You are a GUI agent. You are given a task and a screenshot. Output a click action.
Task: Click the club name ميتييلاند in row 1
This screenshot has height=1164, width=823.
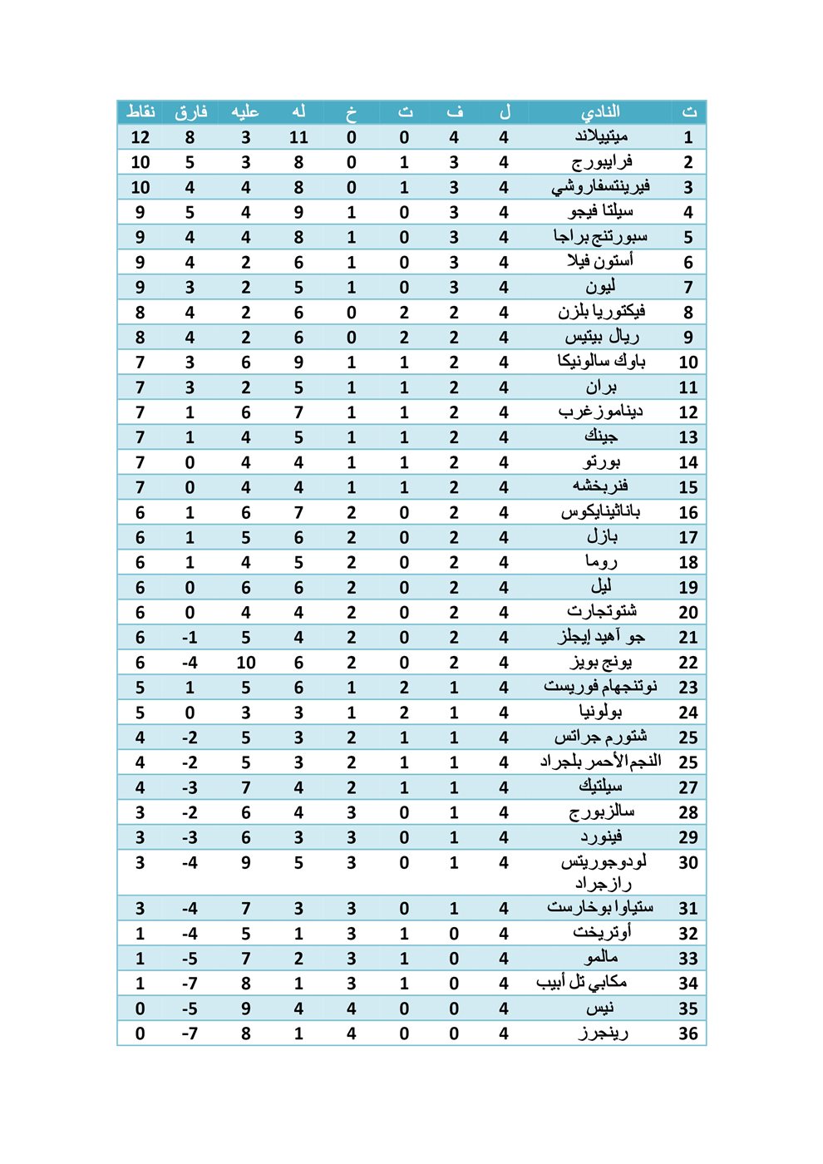pos(600,136)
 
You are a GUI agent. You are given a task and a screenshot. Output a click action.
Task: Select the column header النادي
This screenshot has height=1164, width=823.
pos(600,111)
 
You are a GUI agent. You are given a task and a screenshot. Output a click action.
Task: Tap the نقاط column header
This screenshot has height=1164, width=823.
pos(140,111)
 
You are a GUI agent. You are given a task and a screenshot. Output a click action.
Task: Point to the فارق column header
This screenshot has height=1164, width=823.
pos(190,111)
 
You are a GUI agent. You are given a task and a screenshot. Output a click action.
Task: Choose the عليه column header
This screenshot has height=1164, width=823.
pos(245,111)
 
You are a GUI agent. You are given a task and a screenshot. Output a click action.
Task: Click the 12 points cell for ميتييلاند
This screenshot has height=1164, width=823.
pos(140,137)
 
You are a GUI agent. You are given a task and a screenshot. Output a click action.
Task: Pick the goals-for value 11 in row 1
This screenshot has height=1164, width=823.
pos(298,137)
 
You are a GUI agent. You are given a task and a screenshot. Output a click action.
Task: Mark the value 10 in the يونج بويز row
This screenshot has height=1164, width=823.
pos(246,663)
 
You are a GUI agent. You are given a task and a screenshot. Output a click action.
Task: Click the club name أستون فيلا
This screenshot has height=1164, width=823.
pos(600,261)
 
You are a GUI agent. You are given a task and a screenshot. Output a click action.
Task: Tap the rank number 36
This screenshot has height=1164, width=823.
pos(688,1033)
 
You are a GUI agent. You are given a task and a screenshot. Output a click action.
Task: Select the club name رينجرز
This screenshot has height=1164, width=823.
pos(603,1033)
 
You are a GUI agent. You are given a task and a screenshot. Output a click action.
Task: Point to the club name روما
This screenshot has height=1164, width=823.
pos(601,562)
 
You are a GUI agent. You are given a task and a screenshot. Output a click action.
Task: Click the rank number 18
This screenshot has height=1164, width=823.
pos(688,562)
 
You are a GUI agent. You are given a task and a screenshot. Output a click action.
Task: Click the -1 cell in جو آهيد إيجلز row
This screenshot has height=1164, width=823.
pos(190,638)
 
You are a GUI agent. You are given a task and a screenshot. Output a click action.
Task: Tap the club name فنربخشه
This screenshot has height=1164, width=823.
pos(600,486)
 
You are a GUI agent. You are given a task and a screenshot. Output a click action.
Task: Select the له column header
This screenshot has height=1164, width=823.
pos(298,111)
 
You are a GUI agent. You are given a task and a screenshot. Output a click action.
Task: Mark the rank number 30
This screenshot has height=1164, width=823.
pos(688,862)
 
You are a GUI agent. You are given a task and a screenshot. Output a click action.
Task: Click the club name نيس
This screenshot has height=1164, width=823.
pos(599,1008)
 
